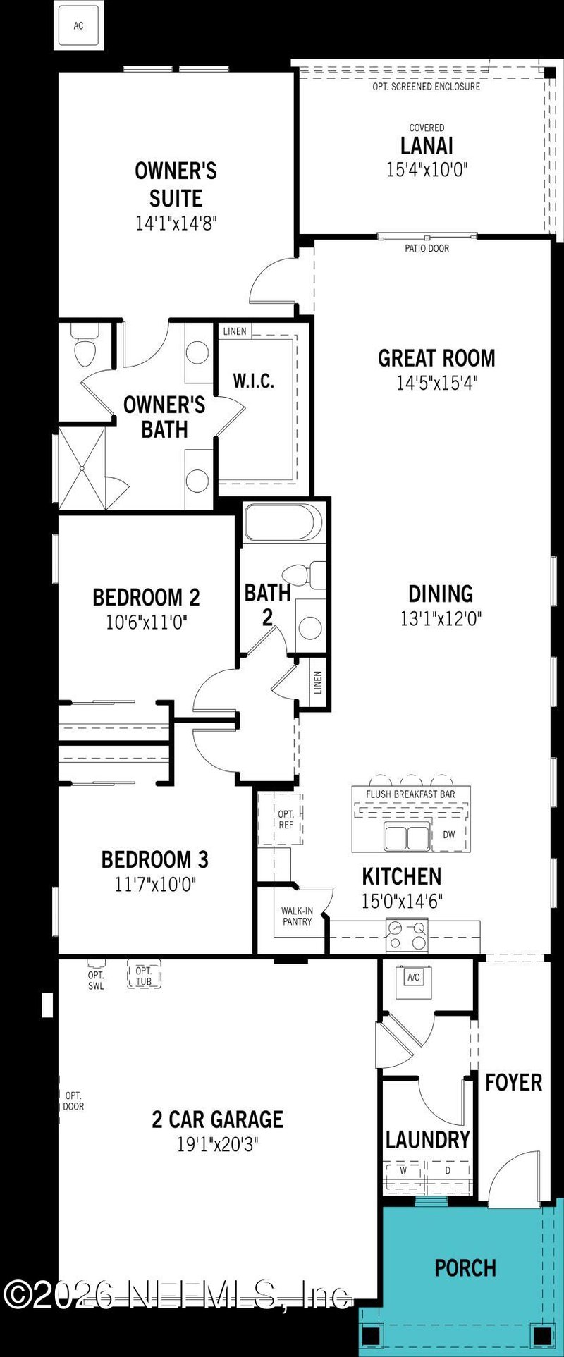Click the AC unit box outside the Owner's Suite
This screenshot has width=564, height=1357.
[78, 26]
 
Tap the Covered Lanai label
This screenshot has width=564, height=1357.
[427, 146]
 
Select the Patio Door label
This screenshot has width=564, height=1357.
[427, 248]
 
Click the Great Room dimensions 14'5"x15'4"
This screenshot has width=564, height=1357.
[436, 383]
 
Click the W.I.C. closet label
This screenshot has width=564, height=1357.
[253, 381]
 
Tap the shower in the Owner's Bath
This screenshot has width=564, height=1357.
[81, 467]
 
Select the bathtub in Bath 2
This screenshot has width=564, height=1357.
[283, 522]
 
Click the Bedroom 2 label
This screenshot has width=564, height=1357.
[146, 597]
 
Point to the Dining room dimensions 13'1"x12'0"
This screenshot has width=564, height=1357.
[441, 619]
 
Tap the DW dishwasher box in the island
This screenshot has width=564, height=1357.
[449, 835]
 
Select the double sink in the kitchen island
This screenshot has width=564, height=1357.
[407, 837]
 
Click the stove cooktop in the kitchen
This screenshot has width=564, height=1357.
[407, 935]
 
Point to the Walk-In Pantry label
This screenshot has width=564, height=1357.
[297, 916]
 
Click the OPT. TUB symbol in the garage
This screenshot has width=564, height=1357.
[144, 976]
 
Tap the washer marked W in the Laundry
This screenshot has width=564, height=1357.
[404, 1170]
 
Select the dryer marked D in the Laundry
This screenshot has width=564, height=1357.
[448, 1170]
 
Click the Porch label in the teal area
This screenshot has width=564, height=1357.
[465, 1267]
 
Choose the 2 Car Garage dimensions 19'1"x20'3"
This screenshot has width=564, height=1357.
[218, 1143]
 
